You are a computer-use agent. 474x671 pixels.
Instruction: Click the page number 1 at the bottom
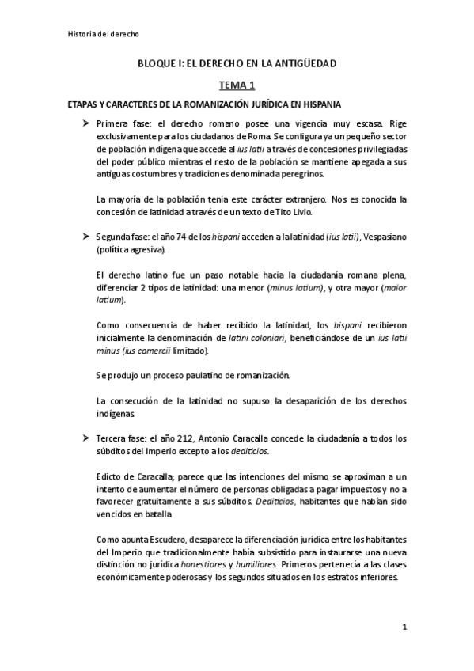[404, 626]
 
